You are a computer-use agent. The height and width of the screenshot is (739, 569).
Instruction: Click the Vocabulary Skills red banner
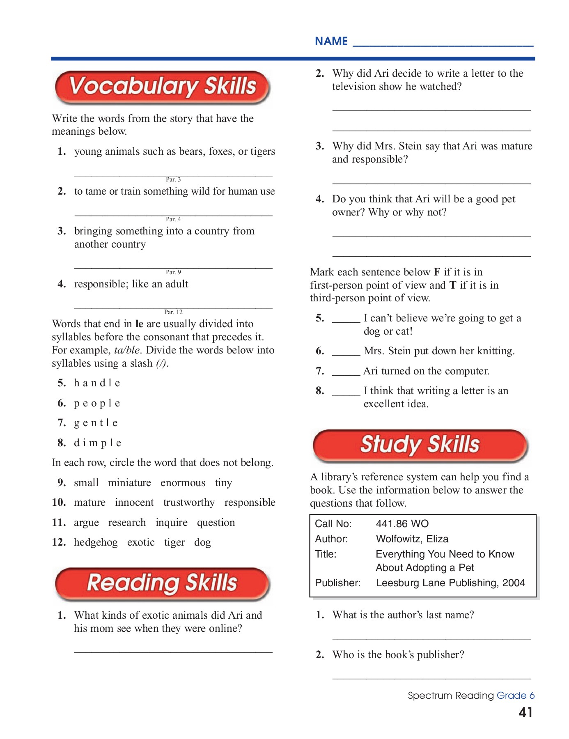[162, 87]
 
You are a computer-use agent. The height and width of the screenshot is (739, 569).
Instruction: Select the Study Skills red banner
[420, 445]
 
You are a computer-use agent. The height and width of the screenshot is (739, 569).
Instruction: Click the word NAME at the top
[331, 41]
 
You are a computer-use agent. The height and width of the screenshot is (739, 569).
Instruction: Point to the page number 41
[525, 712]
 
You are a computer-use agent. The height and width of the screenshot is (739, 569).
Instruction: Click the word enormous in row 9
[183, 483]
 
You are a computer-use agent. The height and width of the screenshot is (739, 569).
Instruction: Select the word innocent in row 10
[134, 503]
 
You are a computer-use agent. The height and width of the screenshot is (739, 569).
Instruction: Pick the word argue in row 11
[86, 523]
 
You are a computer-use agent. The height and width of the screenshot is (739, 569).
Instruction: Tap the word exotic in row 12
[141, 542]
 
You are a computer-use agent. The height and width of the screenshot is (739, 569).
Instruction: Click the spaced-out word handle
[97, 383]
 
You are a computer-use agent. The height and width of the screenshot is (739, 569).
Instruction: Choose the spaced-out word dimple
[97, 443]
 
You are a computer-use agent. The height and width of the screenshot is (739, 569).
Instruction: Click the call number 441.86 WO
[402, 524]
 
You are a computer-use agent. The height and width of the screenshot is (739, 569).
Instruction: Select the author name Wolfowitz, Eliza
[412, 539]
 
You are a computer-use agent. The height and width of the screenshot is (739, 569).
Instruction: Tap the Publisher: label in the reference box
[337, 583]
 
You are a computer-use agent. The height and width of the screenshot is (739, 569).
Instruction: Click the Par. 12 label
[173, 312]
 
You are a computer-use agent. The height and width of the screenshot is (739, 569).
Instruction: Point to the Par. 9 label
[173, 272]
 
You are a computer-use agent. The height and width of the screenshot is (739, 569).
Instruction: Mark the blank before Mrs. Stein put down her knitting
[346, 352]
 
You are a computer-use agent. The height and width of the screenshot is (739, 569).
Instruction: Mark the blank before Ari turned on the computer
[346, 372]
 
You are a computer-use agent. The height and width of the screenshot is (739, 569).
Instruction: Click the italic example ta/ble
[127, 350]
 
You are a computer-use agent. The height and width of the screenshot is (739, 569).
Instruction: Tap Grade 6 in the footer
[515, 695]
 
